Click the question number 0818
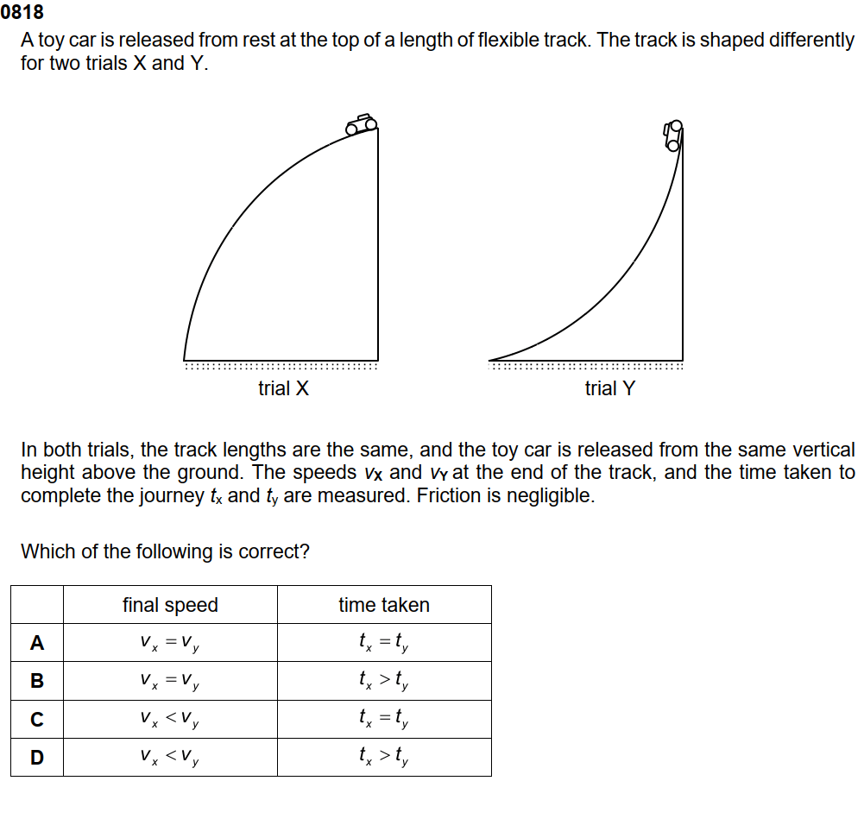pyautogui.click(x=22, y=13)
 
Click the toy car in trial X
pyautogui.click(x=362, y=123)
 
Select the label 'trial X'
pyautogui.click(x=283, y=388)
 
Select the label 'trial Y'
pyautogui.click(x=609, y=388)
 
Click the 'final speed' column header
pyautogui.click(x=170, y=605)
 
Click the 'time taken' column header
pyautogui.click(x=384, y=605)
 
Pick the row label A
pyautogui.click(x=36, y=643)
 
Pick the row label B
pyautogui.click(x=36, y=681)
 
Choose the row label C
pyautogui.click(x=36, y=719)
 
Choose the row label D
pyautogui.click(x=36, y=757)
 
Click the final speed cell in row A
pyautogui.click(x=170, y=643)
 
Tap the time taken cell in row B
pyautogui.click(x=384, y=681)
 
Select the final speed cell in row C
pyautogui.click(x=170, y=719)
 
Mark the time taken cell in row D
pyautogui.click(x=384, y=757)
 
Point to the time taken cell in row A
pyautogui.click(x=384, y=643)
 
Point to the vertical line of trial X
pyautogui.click(x=377, y=250)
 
